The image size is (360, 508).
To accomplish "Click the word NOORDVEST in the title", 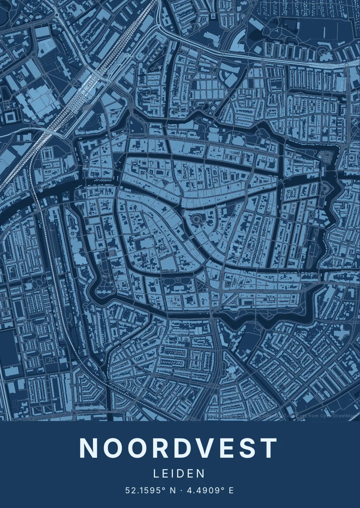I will [x=179, y=448].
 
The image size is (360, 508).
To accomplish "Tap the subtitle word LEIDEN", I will [x=179, y=473].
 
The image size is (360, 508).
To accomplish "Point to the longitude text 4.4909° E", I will [x=210, y=490].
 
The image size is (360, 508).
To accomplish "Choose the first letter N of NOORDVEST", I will [x=88, y=448].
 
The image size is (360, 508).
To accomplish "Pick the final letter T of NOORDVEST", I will [x=269, y=448].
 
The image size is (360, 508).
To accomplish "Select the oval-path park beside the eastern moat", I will [x=325, y=189].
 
